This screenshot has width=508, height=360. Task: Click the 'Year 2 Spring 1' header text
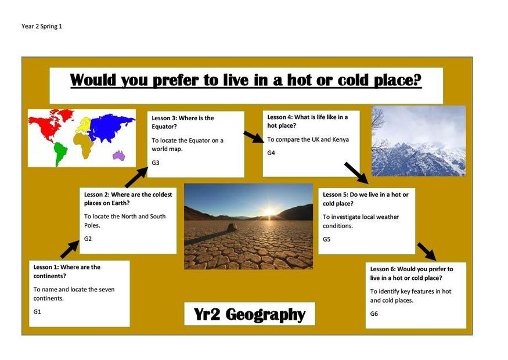[x=42, y=26]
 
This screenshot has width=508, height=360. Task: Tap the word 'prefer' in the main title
[x=175, y=80]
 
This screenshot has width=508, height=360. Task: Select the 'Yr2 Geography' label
[x=250, y=314]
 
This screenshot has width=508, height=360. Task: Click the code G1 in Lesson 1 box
[x=37, y=312]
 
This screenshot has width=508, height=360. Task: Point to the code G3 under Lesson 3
[x=156, y=163]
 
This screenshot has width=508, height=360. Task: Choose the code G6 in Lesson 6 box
[x=374, y=314]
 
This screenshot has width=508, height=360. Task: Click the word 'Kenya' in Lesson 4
[x=340, y=140]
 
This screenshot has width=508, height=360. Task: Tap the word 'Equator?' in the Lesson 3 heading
[x=164, y=127]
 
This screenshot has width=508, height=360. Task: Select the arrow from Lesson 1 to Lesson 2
[x=70, y=250]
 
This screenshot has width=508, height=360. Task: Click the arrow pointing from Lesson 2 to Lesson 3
[x=136, y=178]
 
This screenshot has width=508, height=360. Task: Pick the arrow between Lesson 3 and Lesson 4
[x=254, y=136]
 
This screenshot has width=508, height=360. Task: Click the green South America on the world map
[x=60, y=153]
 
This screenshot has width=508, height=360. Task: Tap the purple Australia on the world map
[x=119, y=156]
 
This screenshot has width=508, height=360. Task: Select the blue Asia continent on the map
[x=110, y=127]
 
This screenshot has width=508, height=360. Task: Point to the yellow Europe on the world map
[x=83, y=125]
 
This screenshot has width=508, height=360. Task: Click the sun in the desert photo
[x=269, y=213]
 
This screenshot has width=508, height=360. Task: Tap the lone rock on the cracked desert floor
[x=231, y=227]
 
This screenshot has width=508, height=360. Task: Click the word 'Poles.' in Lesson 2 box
[x=92, y=225]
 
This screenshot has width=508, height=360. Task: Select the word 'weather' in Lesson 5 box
[x=388, y=217]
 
